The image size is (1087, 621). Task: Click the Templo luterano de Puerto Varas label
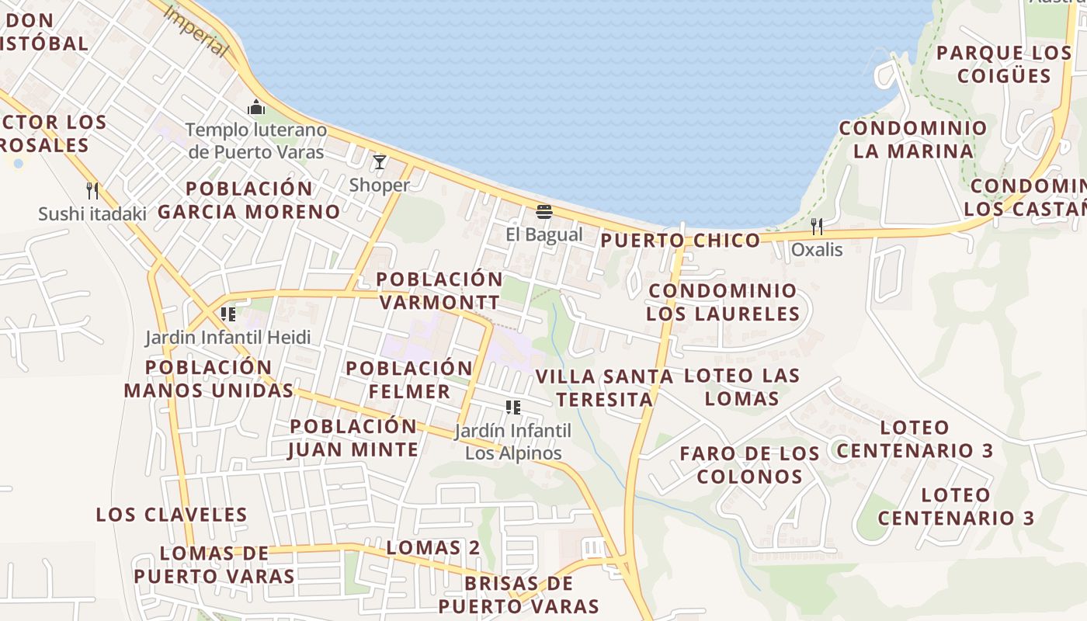point(255,141)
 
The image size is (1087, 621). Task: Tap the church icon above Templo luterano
point(255,107)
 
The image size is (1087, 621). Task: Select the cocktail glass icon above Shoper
point(380,162)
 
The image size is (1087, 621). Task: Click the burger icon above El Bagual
point(543,212)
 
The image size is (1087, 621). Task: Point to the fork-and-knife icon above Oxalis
point(816,227)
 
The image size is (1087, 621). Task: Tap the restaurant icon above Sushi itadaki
point(92,191)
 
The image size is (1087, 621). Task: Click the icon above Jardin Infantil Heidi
point(228,314)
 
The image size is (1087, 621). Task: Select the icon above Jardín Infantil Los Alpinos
point(512,408)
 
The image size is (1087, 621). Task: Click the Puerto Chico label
point(680,241)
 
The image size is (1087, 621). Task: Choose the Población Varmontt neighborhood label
point(439,290)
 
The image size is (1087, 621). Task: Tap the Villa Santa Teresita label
point(604,388)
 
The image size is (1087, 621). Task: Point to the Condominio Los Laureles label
point(723,303)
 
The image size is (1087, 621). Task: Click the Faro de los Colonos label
point(749,465)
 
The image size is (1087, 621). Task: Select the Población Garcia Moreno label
point(249,200)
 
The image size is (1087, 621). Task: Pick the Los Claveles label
point(172,515)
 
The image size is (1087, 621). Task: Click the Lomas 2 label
point(433,548)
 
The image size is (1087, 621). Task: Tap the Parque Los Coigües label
point(1004,64)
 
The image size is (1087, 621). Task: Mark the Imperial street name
point(198,32)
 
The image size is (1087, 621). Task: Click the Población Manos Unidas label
point(209,379)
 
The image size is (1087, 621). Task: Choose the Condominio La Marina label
point(913,140)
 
